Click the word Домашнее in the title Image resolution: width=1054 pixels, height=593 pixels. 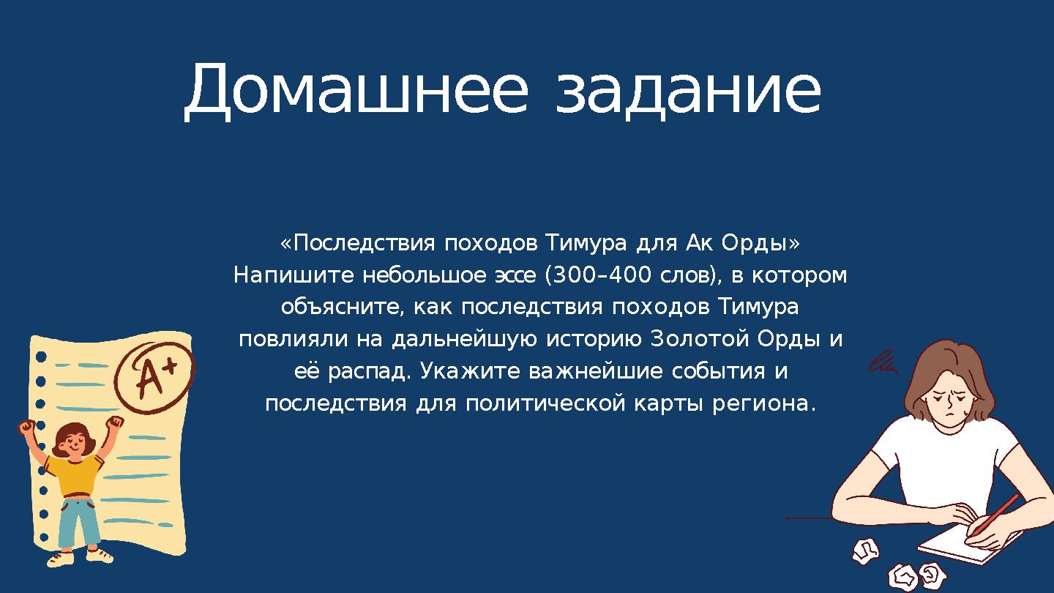coord(355,91)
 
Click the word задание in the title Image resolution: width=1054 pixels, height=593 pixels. coord(688,91)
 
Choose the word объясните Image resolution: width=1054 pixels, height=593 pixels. coord(340,307)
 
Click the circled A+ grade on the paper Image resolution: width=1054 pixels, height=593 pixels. coord(155,377)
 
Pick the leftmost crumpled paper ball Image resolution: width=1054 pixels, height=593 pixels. coord(865,550)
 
